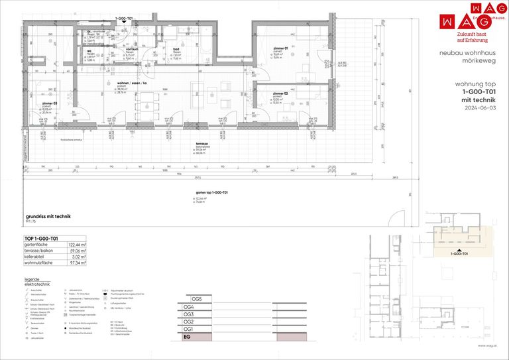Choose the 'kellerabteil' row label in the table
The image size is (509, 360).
click(37, 257)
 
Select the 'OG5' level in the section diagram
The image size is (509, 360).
click(196, 299)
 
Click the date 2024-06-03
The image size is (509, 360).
click(481, 107)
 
